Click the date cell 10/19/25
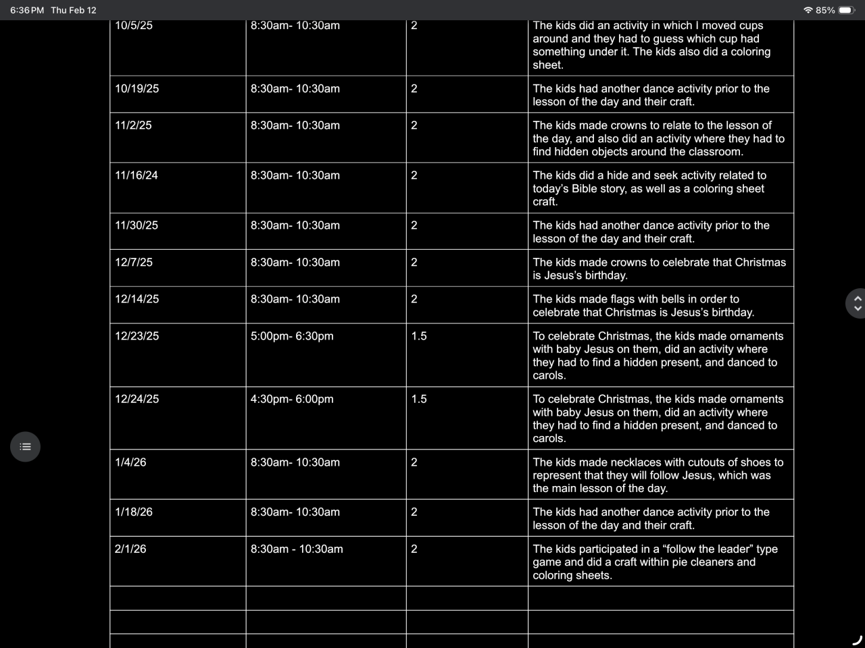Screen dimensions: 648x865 (137, 88)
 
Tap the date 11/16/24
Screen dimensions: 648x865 (137, 175)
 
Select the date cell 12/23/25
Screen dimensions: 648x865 (137, 336)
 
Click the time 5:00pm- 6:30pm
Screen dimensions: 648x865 (292, 336)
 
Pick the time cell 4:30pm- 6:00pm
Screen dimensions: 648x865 (292, 399)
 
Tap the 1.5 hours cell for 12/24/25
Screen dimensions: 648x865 (419, 399)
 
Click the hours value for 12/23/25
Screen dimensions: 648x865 (419, 336)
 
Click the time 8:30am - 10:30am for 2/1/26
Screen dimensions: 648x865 (297, 549)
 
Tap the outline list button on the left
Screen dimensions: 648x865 (26, 447)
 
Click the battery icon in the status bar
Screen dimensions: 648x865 (846, 10)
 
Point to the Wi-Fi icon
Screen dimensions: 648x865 (808, 10)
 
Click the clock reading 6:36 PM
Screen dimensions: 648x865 (27, 10)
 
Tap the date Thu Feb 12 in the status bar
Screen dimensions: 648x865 (74, 10)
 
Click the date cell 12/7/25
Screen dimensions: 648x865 (134, 263)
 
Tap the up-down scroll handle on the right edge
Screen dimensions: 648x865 (857, 303)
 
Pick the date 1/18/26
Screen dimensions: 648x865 (134, 512)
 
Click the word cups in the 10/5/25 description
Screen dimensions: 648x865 (749, 26)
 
